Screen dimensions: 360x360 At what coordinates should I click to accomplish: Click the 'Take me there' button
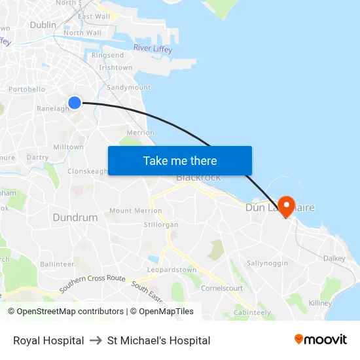180,161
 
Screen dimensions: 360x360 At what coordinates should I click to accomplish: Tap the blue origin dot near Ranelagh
75,103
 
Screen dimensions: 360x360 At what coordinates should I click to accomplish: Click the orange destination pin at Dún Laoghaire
286,206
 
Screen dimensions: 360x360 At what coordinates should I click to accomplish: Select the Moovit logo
321,340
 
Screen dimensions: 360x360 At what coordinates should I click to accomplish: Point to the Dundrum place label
75,217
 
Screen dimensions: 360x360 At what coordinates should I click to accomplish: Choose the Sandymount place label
128,87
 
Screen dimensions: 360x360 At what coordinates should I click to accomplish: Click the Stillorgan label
160,225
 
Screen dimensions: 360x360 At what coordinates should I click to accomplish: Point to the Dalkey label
334,259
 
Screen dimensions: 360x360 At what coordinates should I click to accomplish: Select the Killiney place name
320,303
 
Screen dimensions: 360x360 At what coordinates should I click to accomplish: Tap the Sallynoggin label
266,263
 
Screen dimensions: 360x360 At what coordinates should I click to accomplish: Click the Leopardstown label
171,270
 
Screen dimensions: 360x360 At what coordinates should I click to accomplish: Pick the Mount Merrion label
135,211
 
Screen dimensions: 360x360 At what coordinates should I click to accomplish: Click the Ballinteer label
57,264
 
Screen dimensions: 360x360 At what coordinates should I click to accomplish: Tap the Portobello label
27,90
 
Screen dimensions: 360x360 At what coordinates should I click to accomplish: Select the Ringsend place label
107,56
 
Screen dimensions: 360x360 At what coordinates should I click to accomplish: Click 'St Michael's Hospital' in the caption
159,340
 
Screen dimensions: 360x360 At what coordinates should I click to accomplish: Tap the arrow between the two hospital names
96,340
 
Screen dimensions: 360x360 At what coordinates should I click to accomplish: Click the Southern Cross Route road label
92,283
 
